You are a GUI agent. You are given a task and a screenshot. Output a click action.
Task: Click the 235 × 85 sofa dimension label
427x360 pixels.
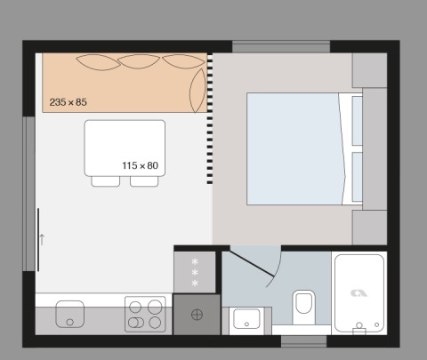[68, 102]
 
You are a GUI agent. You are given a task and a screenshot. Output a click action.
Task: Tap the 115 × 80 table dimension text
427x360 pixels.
[140, 165]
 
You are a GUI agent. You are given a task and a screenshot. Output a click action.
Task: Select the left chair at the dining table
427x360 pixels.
[105, 181]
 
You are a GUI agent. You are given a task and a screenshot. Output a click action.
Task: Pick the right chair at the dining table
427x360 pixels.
[143, 181]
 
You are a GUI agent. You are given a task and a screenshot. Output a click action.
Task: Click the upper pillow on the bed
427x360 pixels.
[357, 120]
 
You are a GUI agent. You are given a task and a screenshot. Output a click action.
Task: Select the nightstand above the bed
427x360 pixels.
[369, 70]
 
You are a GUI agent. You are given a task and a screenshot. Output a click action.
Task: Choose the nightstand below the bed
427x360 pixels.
[369, 227]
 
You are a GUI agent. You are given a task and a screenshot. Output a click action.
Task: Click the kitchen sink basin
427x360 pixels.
[69, 313]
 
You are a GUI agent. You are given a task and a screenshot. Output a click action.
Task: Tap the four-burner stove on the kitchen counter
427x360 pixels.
[145, 314]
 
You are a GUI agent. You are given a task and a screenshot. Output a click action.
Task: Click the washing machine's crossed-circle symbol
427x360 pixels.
[197, 314]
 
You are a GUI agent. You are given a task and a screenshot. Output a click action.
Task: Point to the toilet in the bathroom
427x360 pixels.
[303, 305]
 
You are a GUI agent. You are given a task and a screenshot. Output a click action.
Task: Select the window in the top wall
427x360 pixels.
[281, 46]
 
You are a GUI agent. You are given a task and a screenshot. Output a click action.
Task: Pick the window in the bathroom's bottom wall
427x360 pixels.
[304, 340]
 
